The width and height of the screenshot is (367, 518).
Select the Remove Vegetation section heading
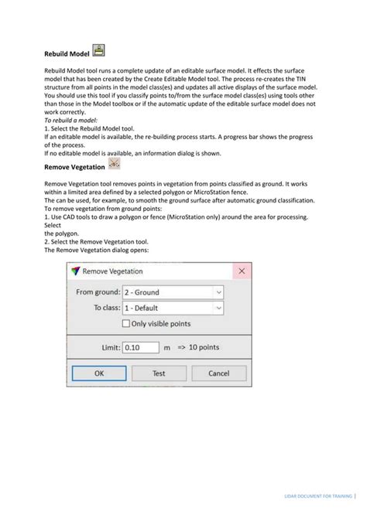coord(74,166)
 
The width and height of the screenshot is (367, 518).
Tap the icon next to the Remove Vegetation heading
coord(115,164)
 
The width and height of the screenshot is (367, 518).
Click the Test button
coord(158,373)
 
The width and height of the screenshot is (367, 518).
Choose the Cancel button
coord(219,373)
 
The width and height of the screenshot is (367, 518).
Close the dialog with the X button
coord(242,271)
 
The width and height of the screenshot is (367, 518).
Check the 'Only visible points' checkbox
coord(127,323)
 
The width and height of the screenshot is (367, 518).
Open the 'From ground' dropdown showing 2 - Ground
coord(173,292)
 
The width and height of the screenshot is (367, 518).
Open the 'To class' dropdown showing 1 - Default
coord(173,308)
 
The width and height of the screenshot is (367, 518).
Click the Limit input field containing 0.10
coord(141,348)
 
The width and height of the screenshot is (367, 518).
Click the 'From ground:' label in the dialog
coord(98,292)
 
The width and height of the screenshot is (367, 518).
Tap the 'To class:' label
coord(107,308)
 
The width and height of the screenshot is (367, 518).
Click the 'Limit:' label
coord(110,348)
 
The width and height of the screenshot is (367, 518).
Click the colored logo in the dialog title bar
coord(76,271)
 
